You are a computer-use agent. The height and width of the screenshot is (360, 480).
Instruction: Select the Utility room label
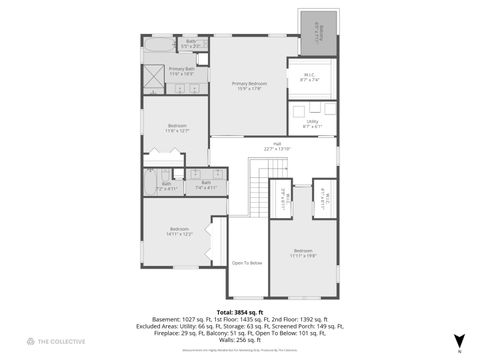(311, 123)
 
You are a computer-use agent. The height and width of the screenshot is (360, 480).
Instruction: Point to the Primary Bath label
(181, 71)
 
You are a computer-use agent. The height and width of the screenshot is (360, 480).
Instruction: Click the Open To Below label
(247, 263)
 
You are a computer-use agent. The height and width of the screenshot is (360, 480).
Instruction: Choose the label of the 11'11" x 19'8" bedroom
(303, 253)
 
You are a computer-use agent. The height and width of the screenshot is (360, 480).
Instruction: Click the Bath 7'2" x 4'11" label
(166, 186)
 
